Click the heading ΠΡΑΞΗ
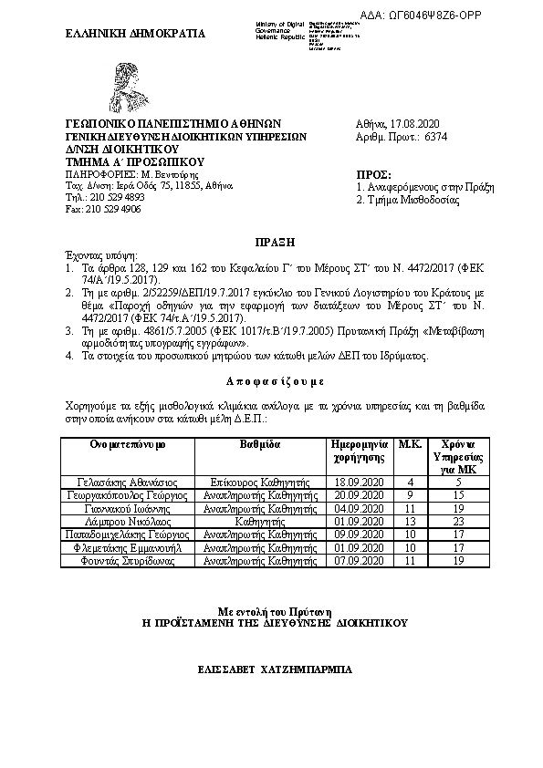(271, 242)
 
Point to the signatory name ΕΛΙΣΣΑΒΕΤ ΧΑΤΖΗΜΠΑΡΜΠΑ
(271, 669)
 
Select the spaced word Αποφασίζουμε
(271, 379)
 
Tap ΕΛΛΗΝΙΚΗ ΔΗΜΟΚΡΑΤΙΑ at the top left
(136, 34)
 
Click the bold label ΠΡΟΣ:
(373, 172)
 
